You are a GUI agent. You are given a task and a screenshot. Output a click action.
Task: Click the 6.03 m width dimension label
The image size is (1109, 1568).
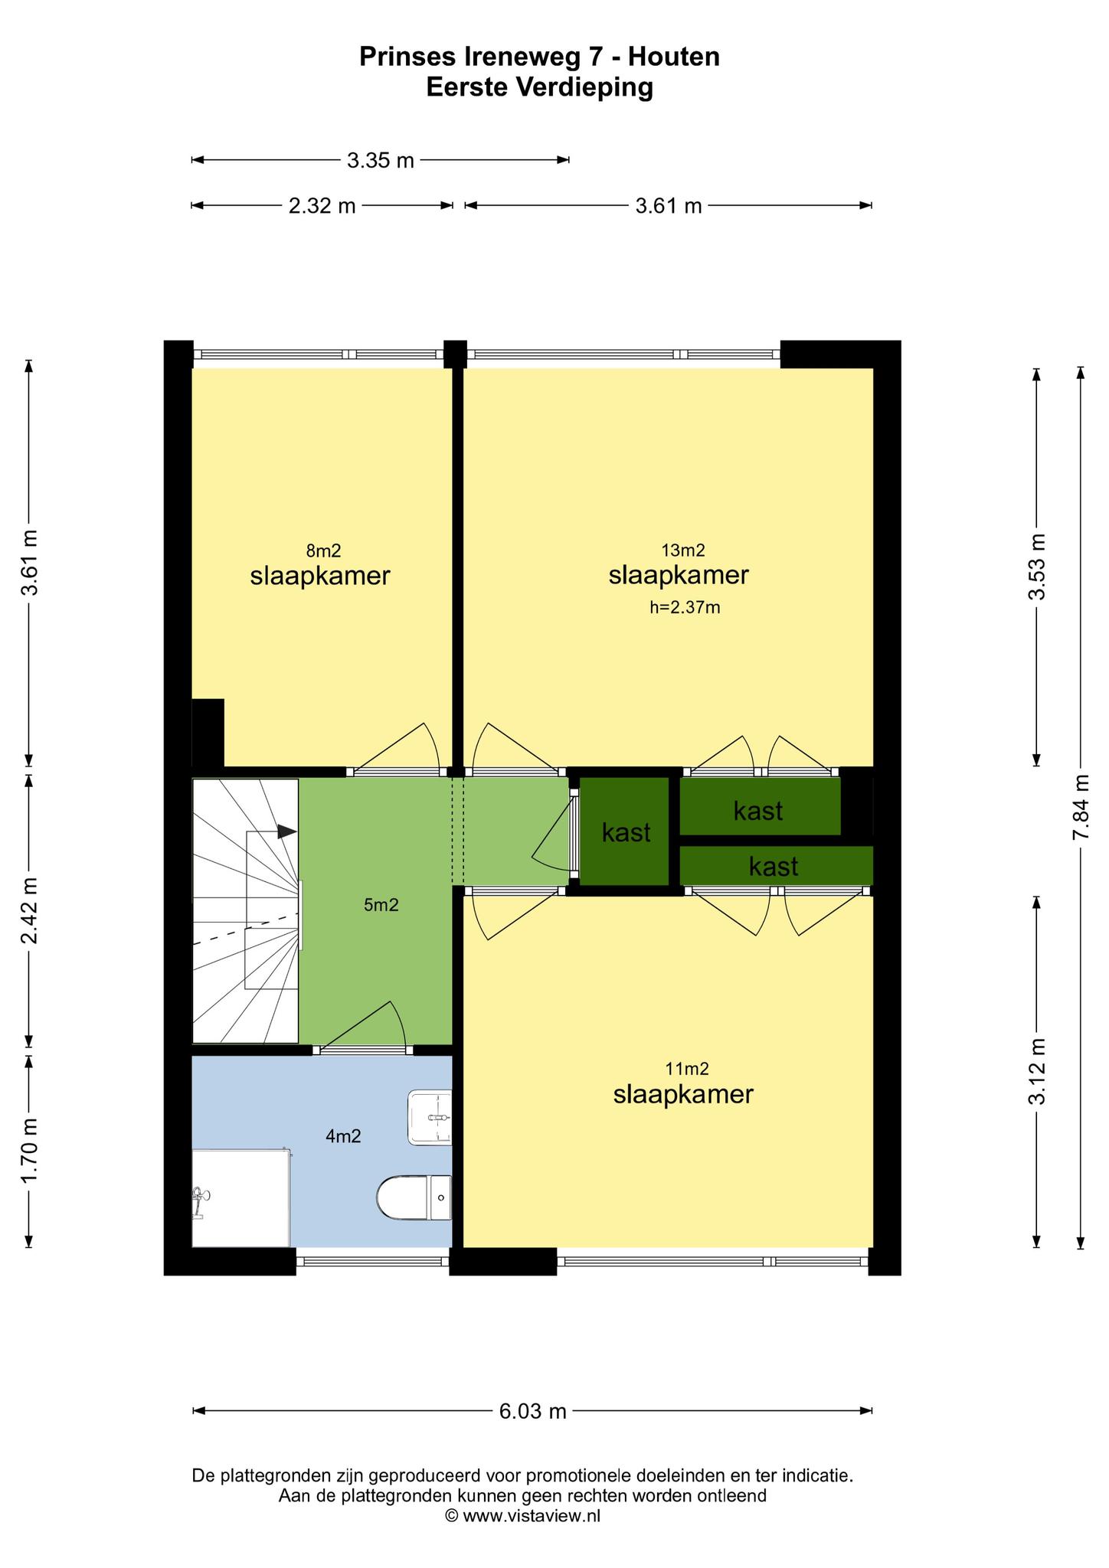pos(533,1411)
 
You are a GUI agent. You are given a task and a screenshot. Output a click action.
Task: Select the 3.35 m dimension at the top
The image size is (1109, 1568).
pos(381,160)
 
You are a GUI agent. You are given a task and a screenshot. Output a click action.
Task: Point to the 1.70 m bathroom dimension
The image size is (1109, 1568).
pos(29,1151)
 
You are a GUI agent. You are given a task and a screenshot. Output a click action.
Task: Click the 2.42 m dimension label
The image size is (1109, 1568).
pos(29,911)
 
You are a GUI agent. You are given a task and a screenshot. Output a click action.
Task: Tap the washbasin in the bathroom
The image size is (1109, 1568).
pos(430,1118)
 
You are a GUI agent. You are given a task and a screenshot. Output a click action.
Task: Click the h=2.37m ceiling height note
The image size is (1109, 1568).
pos(685,608)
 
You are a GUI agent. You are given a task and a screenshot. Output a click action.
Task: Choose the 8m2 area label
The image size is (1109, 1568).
pos(323,550)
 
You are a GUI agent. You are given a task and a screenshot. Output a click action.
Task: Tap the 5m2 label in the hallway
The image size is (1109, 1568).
pos(381,905)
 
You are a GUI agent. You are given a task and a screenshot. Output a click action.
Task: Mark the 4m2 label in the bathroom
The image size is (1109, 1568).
pos(343,1136)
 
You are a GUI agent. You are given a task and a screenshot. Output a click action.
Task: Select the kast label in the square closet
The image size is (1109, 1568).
pos(626,832)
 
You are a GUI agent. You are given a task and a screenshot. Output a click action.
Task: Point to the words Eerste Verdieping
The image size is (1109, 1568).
pos(540,88)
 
